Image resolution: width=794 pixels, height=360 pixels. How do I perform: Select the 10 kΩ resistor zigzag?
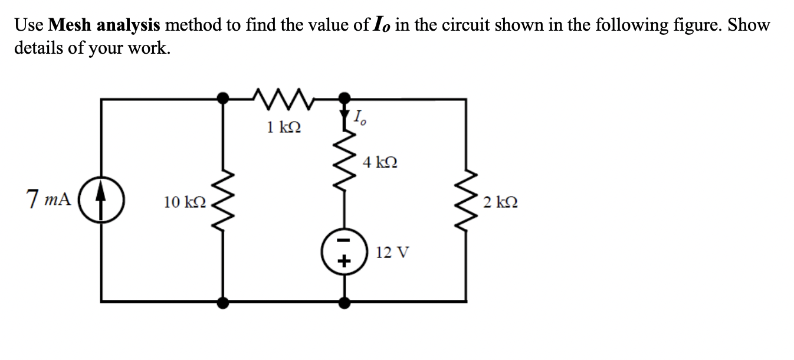(224, 202)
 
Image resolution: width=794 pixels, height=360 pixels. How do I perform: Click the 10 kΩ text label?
(185, 202)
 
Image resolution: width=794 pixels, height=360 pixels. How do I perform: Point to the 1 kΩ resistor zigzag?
(284, 96)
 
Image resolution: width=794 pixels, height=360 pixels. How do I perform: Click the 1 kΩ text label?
(283, 127)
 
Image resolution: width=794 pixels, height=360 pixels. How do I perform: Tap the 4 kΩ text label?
(380, 162)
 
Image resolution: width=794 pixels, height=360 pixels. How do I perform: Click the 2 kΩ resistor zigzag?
(467, 202)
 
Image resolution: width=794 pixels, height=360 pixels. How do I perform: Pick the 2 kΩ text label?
(500, 202)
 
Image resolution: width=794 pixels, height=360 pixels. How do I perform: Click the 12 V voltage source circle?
(344, 250)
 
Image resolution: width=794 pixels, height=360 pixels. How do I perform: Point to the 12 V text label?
(392, 253)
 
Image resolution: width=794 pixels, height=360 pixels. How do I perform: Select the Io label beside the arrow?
(360, 119)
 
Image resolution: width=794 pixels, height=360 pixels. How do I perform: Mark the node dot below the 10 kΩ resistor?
(224, 302)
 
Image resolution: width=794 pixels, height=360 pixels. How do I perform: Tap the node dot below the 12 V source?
(345, 302)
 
